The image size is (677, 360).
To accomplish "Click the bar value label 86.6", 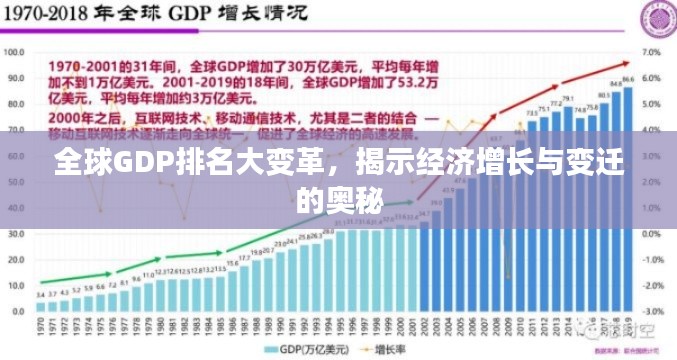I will click(x=627, y=79).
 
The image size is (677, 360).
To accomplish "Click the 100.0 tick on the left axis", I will click(x=15, y=50).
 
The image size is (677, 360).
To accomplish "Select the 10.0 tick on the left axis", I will click(x=17, y=285).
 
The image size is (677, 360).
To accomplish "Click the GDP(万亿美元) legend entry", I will click(x=306, y=349).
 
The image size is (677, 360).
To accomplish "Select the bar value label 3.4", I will click(x=40, y=295).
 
